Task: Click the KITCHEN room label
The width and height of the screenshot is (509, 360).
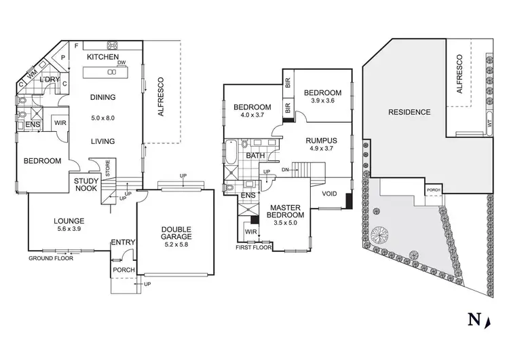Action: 103,58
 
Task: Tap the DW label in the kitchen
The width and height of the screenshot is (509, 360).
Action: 121,63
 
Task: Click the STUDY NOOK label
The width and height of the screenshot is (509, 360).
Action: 87,185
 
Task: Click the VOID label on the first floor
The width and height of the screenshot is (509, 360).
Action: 329,194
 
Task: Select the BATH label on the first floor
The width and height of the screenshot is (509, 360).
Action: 255,156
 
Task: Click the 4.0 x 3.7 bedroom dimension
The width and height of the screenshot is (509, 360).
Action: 252,116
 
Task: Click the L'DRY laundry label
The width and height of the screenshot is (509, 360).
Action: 50,80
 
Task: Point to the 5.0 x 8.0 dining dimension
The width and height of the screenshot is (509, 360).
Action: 103,118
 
